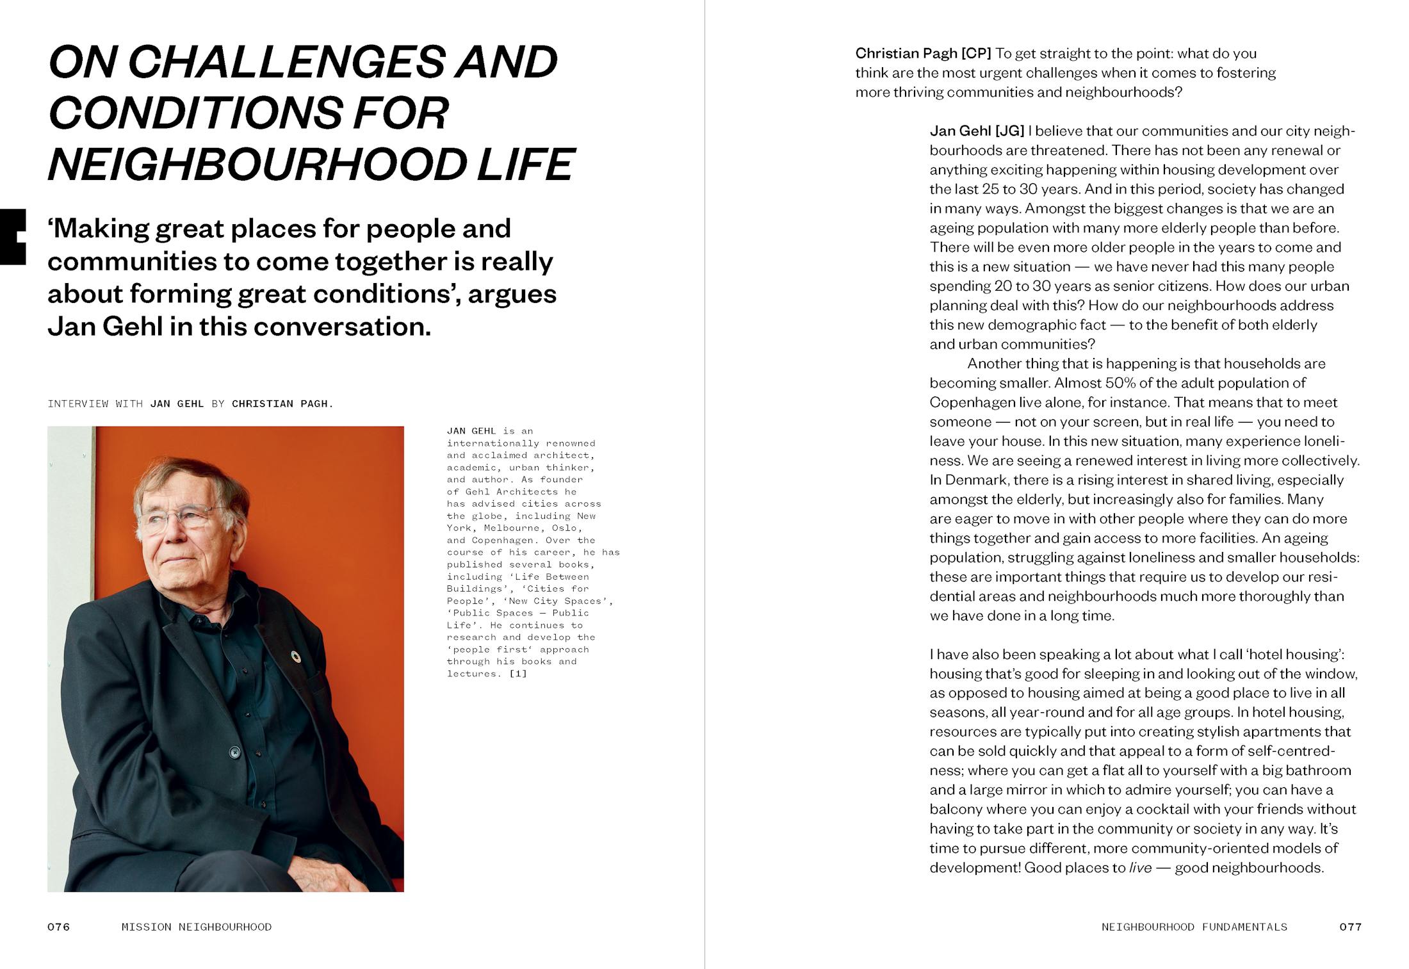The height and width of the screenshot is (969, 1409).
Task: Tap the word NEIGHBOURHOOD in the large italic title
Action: click(x=256, y=165)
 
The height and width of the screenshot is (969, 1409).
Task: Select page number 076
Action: click(x=58, y=927)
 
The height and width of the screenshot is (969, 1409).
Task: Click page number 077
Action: click(x=1350, y=927)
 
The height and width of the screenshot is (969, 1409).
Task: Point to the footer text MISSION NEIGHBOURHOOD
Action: click(x=197, y=927)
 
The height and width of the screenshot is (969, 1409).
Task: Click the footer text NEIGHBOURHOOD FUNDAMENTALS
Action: click(x=1194, y=927)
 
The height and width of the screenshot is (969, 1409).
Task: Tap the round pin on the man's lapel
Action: click(x=295, y=656)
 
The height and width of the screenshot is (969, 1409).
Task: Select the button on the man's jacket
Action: click(x=234, y=752)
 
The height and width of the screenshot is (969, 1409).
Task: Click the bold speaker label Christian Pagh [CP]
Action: click(x=923, y=53)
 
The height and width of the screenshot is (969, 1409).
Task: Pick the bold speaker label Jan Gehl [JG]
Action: click(x=977, y=131)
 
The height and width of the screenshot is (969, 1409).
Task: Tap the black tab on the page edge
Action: click(x=12, y=236)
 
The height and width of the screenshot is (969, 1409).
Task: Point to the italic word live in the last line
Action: click(x=1140, y=868)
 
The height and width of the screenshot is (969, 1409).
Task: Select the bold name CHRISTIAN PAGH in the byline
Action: click(x=282, y=403)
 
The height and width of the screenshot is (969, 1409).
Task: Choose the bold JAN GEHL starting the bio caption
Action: click(x=471, y=431)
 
